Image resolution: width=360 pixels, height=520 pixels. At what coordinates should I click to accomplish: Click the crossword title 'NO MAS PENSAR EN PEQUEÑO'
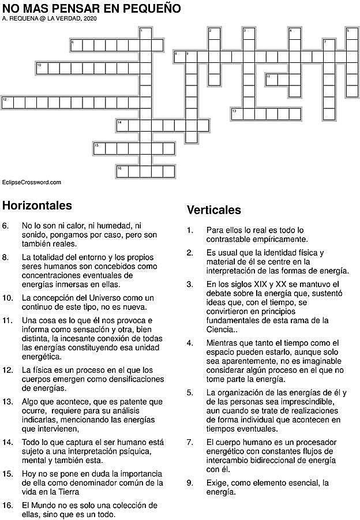click(x=92, y=9)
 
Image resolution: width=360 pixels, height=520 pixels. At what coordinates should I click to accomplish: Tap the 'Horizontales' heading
click(x=37, y=205)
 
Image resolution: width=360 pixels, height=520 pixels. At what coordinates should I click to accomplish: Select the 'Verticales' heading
click(x=214, y=210)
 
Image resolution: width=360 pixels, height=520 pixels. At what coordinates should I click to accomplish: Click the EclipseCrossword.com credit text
click(x=32, y=182)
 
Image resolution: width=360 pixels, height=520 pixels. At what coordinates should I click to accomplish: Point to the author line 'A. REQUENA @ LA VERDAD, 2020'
click(x=50, y=19)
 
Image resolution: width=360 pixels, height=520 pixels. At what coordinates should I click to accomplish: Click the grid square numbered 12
click(x=7, y=103)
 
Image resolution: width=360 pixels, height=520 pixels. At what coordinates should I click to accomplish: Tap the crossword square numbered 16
click(x=122, y=171)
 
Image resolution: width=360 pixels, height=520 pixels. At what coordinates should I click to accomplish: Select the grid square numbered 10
click(x=42, y=68)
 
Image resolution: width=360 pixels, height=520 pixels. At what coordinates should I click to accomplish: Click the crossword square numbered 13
click(x=237, y=114)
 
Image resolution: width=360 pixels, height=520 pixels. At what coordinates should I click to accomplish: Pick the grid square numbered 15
click(x=99, y=148)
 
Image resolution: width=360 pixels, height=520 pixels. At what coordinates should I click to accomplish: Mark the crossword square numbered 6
click(x=76, y=45)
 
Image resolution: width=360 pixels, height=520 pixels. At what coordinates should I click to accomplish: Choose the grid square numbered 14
click(x=122, y=125)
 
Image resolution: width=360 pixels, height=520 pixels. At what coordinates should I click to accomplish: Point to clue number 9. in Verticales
click(x=190, y=482)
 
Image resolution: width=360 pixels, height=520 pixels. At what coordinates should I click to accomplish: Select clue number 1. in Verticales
click(x=190, y=230)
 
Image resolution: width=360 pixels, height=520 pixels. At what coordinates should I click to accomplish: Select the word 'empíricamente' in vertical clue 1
click(x=281, y=238)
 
